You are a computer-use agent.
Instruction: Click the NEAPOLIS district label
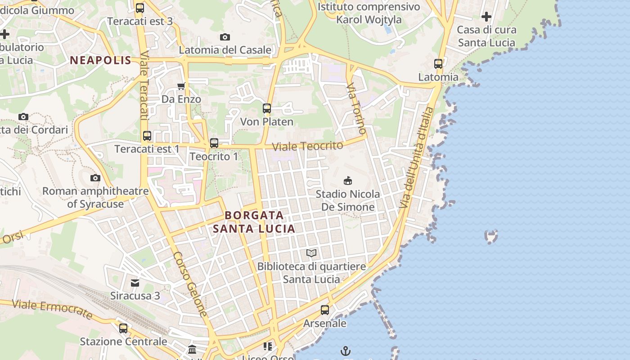[100, 60]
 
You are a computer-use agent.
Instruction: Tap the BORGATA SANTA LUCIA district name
[254, 222]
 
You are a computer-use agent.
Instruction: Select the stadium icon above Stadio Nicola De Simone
[347, 180]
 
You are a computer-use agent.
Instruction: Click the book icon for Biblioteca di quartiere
[311, 253]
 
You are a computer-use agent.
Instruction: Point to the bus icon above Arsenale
[325, 310]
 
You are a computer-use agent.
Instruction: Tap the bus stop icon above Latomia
[438, 63]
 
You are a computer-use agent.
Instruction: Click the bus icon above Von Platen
[267, 108]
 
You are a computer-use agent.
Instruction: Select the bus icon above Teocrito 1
[214, 143]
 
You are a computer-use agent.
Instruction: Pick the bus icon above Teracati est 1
[147, 135]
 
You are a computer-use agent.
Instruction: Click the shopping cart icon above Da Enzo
[181, 86]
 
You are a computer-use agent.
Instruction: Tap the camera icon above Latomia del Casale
[225, 37]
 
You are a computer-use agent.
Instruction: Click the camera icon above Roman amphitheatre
[95, 178]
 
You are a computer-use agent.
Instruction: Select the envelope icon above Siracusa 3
[135, 283]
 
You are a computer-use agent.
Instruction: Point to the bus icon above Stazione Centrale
[123, 328]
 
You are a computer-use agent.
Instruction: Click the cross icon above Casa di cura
[486, 17]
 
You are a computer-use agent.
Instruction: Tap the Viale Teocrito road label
[308, 146]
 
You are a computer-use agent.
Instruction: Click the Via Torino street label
[356, 108]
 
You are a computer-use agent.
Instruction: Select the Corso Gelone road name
[191, 284]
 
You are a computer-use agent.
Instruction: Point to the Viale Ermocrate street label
[52, 309]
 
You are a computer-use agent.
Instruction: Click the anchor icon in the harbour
[346, 351]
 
